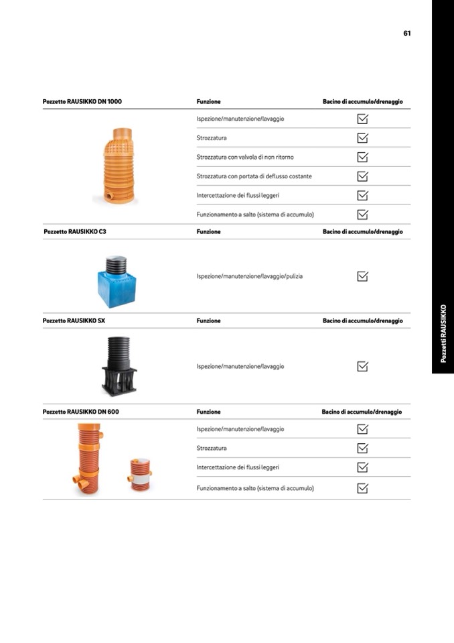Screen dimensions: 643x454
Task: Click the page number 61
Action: [406, 33]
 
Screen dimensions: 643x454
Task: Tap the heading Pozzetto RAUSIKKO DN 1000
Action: [82, 102]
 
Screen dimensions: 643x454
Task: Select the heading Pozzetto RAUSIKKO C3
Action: [75, 232]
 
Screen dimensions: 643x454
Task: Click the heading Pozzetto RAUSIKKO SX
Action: [74, 321]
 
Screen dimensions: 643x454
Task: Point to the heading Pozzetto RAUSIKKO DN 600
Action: [80, 412]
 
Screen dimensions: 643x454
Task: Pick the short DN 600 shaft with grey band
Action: [140, 475]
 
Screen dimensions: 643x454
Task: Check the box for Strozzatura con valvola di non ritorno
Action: [362, 157]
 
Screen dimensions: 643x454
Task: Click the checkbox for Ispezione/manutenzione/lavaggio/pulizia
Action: [362, 276]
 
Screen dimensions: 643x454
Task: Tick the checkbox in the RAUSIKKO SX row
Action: [362, 367]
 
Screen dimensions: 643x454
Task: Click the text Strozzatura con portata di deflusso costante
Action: [254, 176]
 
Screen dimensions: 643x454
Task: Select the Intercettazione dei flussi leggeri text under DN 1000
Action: [238, 196]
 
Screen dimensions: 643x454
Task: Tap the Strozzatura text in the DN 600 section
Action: [212, 448]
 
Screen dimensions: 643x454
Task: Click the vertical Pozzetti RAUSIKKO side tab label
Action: [443, 333]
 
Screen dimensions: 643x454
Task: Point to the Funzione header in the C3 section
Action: [208, 232]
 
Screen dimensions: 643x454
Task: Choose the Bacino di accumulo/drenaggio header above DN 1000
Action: [362, 102]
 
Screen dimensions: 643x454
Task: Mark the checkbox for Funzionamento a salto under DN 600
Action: [362, 488]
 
